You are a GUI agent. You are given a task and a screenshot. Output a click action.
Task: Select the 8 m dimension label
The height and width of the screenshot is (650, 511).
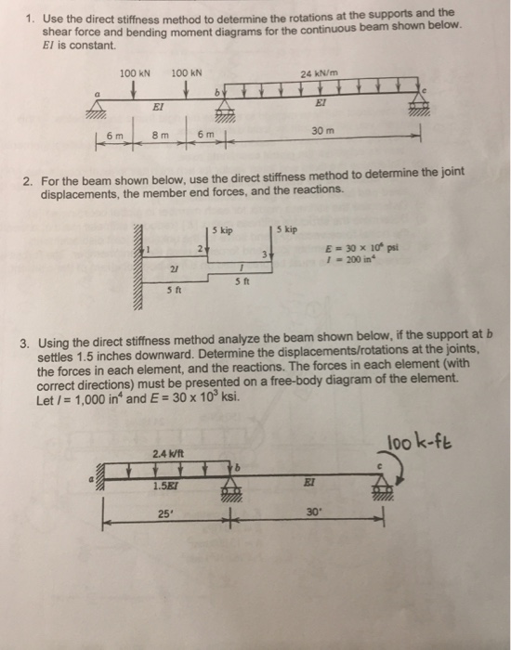[x=160, y=136]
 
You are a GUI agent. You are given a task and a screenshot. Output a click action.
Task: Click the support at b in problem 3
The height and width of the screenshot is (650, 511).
[x=228, y=492]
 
